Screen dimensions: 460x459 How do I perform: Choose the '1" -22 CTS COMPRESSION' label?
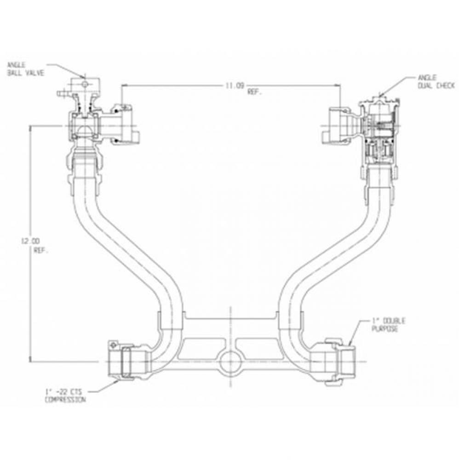click(64, 396)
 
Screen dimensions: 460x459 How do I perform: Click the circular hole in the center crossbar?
click(230, 362)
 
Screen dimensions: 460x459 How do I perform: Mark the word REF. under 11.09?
click(254, 92)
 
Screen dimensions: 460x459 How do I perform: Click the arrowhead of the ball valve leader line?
click(83, 76)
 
